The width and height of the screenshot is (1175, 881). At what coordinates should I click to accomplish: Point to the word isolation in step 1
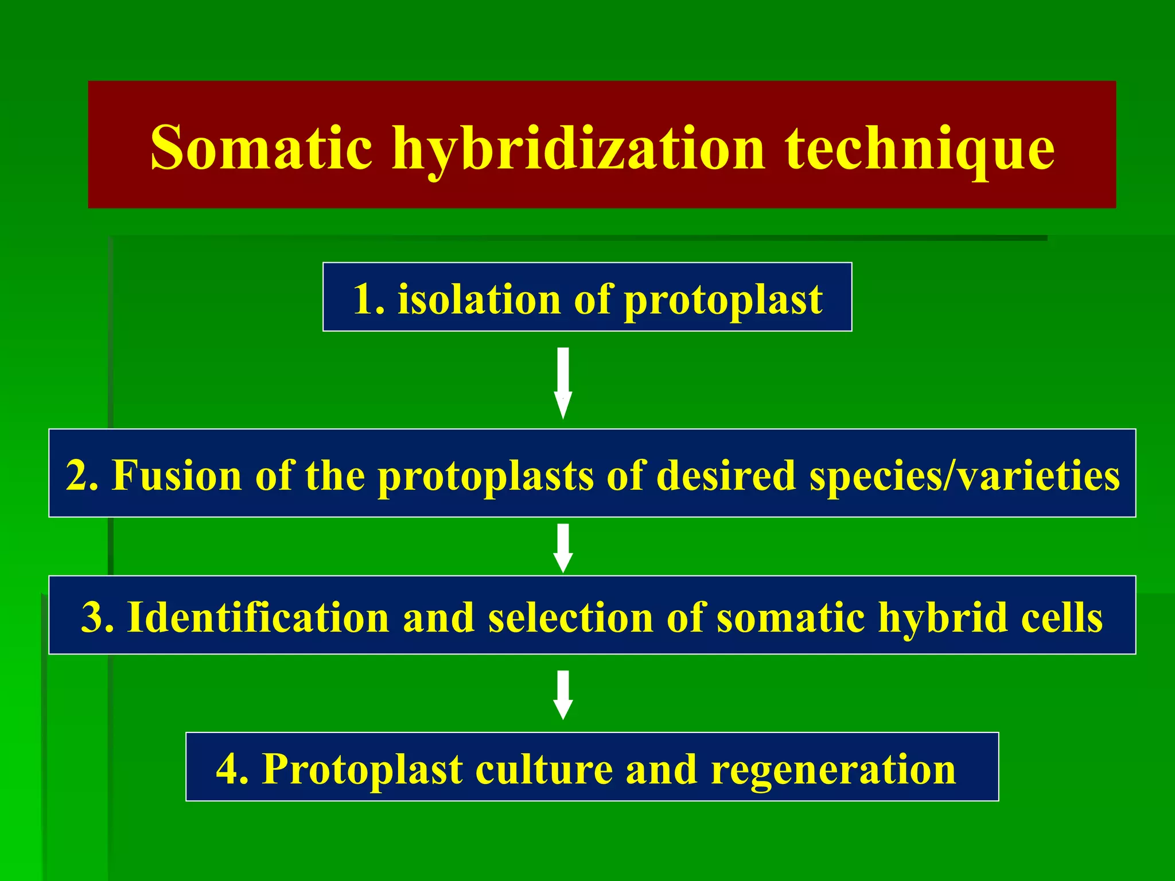[479, 299]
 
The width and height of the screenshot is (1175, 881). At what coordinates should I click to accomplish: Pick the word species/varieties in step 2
[964, 476]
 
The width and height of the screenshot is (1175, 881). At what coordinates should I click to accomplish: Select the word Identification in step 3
[258, 617]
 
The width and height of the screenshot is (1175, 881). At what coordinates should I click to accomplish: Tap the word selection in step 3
[570, 617]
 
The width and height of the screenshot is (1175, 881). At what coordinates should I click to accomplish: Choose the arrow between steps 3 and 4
[563, 694]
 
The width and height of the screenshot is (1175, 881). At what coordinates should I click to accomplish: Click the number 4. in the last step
[232, 769]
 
